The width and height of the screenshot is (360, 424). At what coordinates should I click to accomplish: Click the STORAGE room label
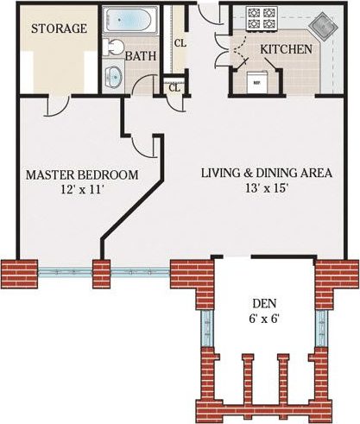point(59,28)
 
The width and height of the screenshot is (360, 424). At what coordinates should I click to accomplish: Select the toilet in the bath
point(116,47)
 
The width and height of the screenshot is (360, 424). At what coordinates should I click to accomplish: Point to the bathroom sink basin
point(114,74)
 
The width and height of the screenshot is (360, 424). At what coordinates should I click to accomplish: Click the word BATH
point(140,56)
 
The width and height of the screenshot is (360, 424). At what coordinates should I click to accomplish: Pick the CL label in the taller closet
point(180,42)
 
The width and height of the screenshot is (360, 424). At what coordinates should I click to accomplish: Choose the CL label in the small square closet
point(174,87)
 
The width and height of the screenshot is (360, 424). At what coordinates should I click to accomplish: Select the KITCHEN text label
point(286,49)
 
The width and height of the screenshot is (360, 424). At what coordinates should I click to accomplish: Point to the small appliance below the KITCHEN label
point(256,79)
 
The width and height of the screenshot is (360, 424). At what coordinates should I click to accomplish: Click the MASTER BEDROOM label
point(81,174)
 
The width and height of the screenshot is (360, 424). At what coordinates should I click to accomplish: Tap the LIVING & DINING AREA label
point(266,173)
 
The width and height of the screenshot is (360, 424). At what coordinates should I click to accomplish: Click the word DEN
point(264,303)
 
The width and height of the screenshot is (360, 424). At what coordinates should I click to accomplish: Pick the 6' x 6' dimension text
point(264,319)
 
